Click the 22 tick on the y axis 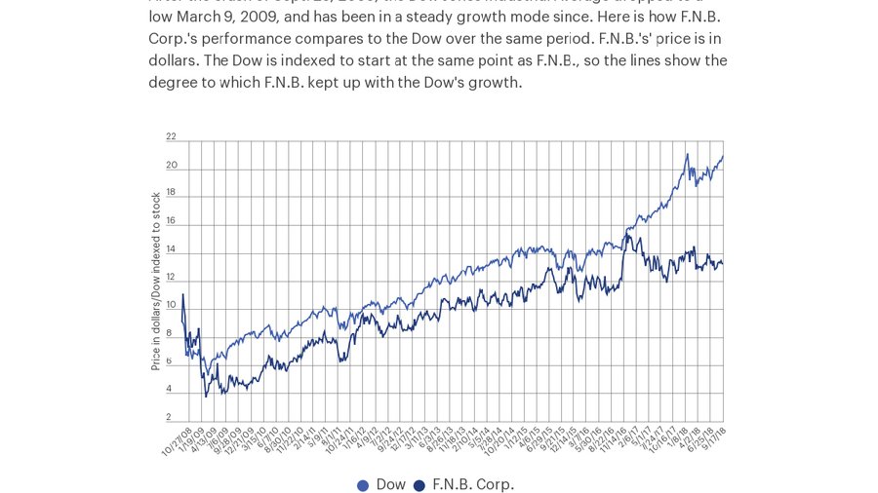[171, 137]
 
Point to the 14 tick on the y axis [171, 249]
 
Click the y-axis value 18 [171, 193]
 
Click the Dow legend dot [363, 485]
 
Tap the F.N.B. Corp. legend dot [419, 485]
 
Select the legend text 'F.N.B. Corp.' [472, 484]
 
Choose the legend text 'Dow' [390, 484]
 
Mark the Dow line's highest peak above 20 [687, 154]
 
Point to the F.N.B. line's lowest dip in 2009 [206, 396]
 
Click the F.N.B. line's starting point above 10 [182, 294]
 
